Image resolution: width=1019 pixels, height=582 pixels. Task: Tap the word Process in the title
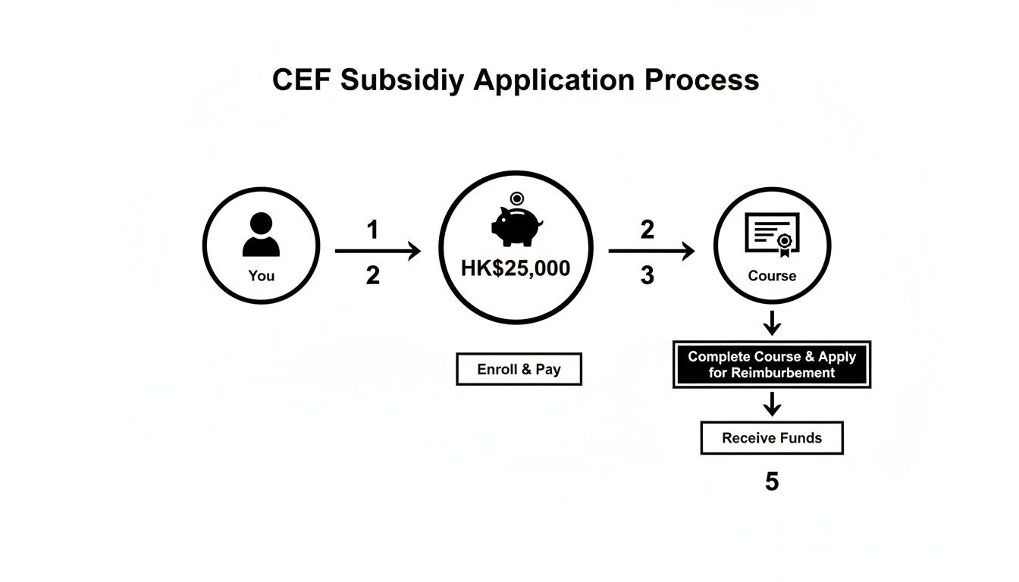pos(702,80)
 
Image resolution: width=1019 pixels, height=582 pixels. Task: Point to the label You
pos(261,276)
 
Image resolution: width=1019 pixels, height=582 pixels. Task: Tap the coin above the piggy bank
pos(517,199)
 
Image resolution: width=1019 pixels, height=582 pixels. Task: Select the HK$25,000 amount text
pos(516,269)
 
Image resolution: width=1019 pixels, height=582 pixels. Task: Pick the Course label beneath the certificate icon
pos(772,276)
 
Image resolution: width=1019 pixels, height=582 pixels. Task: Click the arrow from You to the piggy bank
pos(377,252)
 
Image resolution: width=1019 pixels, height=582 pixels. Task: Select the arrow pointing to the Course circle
pos(651,252)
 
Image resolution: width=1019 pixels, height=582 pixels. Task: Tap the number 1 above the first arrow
pos(372,230)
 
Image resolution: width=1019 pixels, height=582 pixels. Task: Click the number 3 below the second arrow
pos(647,276)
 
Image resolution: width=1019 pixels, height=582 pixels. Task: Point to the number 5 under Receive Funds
pos(771,482)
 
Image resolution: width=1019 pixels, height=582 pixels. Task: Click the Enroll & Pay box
pos(519,369)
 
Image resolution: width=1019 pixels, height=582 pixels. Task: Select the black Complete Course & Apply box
pos(771,365)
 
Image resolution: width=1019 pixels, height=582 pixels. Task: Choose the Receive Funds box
pos(771,438)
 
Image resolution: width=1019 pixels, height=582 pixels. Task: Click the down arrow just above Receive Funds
pos(771,404)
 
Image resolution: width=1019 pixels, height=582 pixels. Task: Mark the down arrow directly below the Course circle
pos(771,324)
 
